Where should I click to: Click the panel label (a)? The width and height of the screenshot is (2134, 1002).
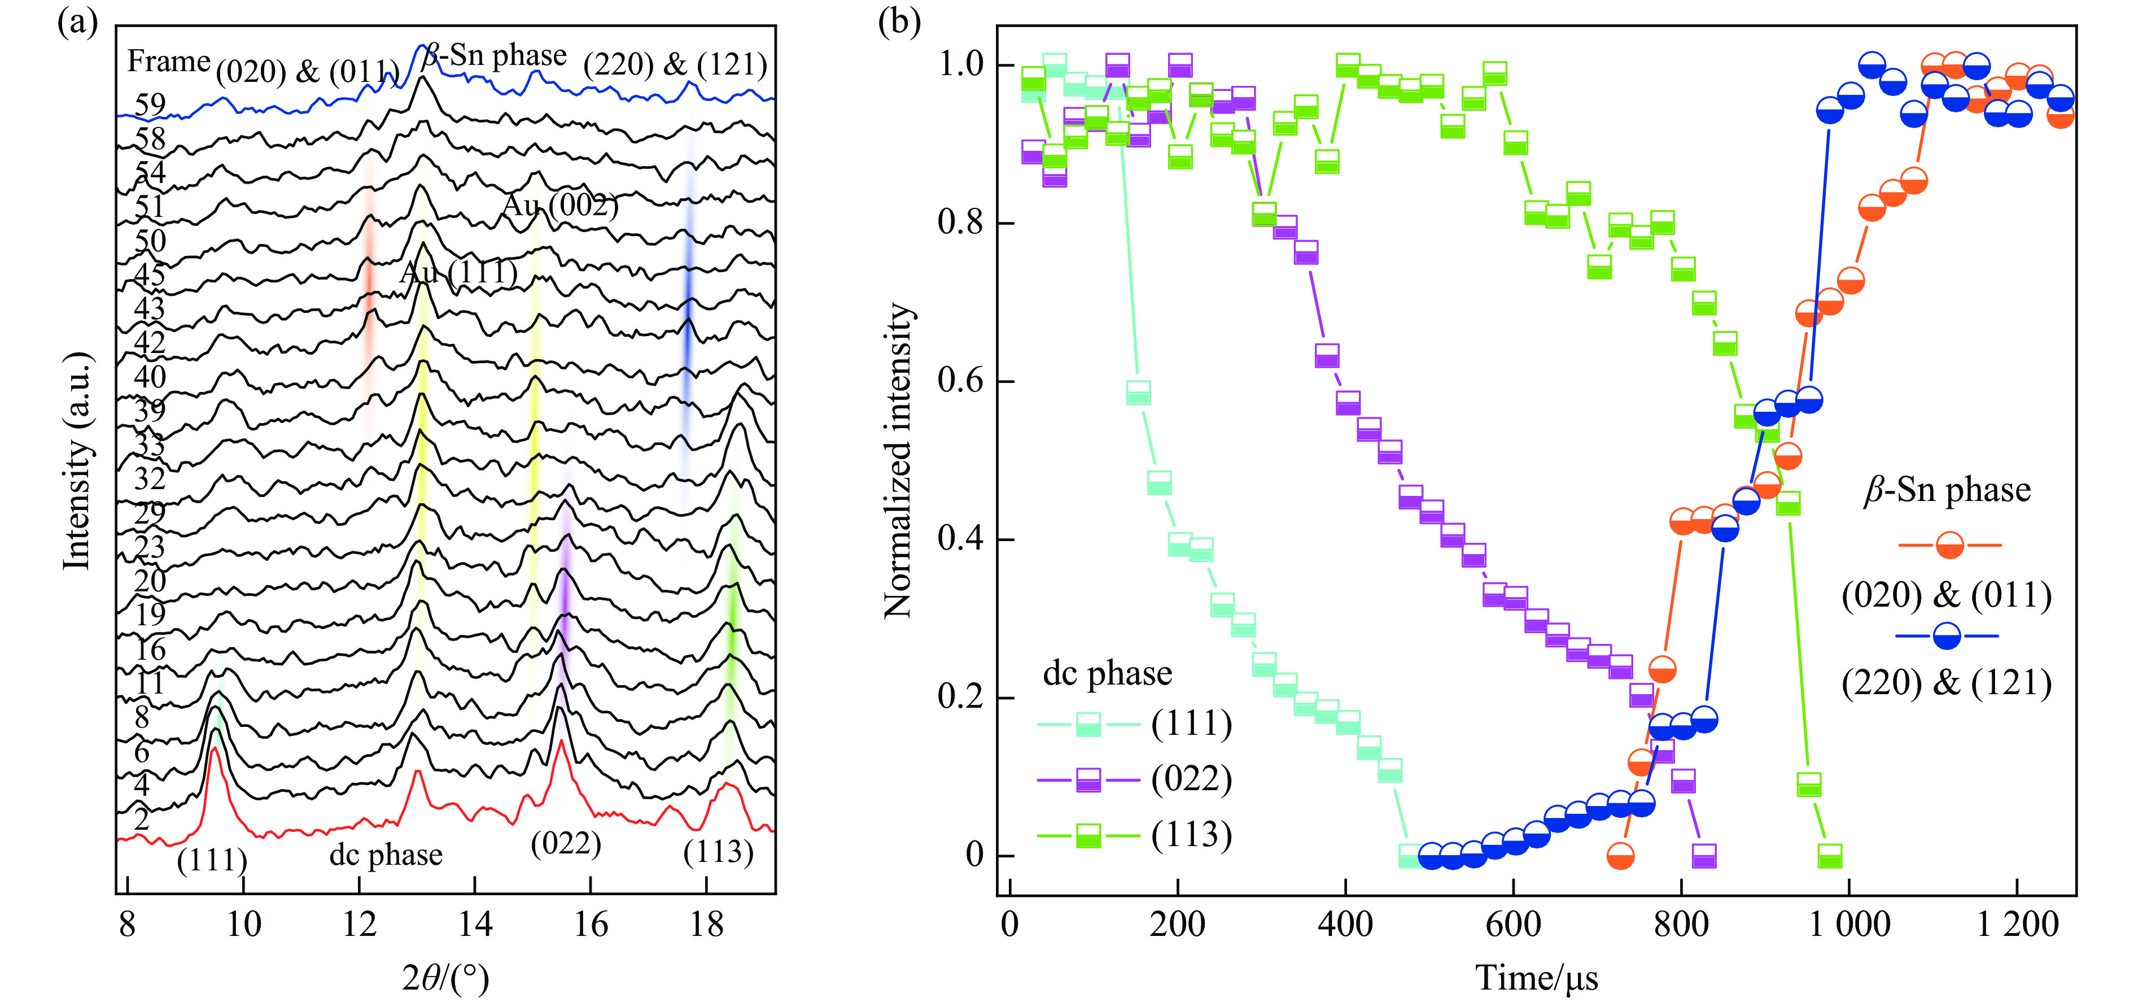(77, 23)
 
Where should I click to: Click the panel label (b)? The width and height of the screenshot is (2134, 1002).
(899, 23)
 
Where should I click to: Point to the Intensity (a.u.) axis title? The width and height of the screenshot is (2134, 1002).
(77, 461)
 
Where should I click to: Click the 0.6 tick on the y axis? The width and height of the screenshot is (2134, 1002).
(963, 381)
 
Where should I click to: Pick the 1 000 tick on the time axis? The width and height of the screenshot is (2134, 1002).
(1849, 923)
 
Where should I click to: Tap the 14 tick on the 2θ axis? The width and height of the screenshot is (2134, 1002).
(475, 923)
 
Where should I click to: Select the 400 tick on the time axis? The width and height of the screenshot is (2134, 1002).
(1345, 923)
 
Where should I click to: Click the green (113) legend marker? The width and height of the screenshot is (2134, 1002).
(1088, 835)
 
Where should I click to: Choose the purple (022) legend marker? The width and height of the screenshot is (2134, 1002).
(1088, 780)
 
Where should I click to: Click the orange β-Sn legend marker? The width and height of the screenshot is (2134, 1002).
(1949, 546)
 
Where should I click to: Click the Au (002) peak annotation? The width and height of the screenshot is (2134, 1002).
(561, 204)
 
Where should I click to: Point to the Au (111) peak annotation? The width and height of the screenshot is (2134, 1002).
(459, 272)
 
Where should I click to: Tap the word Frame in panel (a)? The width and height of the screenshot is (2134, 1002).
(168, 62)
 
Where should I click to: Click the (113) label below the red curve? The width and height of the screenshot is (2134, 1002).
(718, 852)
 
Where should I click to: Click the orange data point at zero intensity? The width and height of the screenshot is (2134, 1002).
(1620, 856)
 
